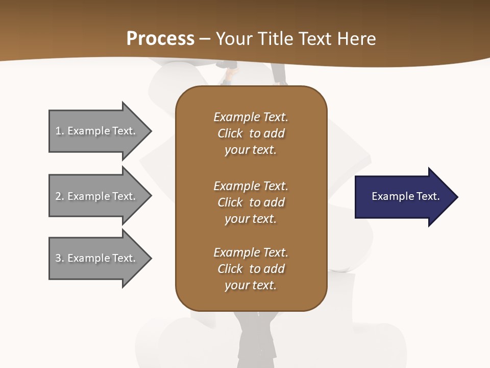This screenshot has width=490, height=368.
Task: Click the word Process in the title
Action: [160, 39]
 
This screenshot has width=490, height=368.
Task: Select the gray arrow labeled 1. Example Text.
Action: [95, 131]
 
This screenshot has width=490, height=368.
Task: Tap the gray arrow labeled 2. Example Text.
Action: [95, 196]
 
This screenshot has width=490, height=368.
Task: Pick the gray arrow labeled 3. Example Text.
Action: [95, 258]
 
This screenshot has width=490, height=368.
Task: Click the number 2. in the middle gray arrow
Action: [60, 196]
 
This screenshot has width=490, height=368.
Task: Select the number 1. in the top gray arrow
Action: [60, 131]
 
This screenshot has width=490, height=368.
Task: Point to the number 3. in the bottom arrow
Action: [60, 258]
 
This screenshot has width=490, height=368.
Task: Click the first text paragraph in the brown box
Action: [251, 133]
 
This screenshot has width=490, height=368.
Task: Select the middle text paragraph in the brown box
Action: [251, 202]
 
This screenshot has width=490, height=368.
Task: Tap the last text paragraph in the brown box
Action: [251, 269]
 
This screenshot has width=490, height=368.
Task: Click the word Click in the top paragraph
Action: [230, 133]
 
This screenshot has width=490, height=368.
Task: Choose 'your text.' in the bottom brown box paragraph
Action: [251, 285]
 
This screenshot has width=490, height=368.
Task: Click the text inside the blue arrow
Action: [405, 196]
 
